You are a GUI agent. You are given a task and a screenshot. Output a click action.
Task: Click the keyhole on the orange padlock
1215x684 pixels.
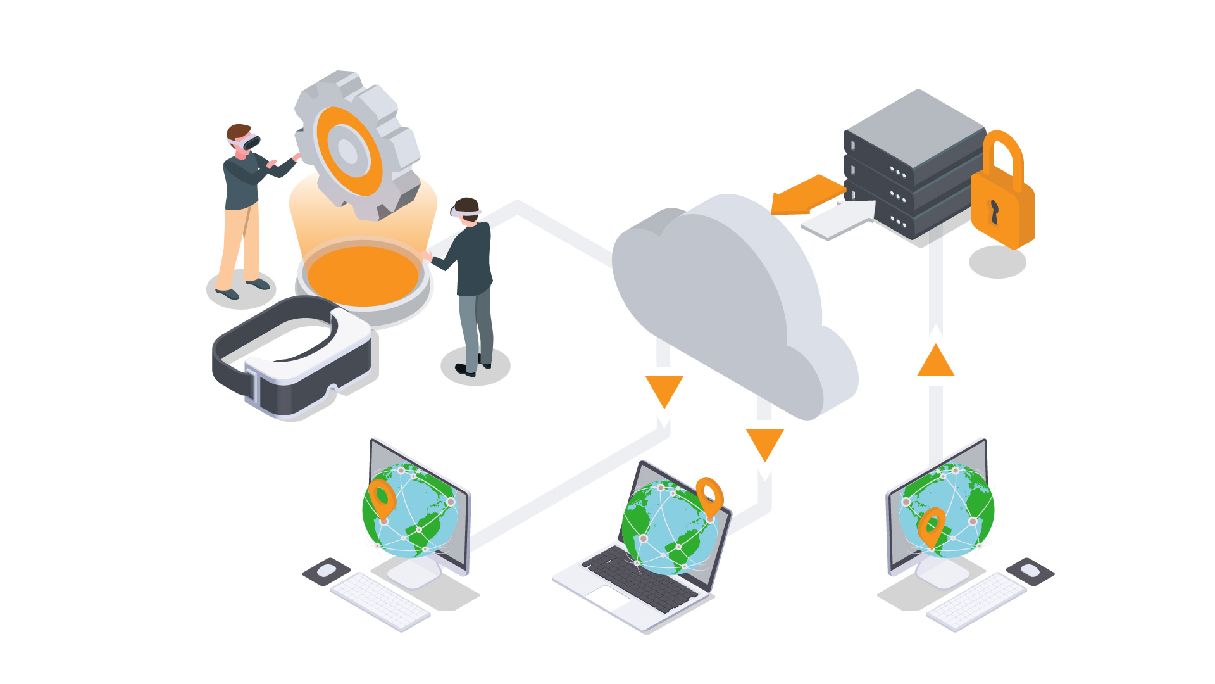pyautogui.click(x=994, y=212)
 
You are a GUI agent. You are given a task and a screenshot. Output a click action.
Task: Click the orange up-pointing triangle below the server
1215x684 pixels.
pyautogui.click(x=935, y=363)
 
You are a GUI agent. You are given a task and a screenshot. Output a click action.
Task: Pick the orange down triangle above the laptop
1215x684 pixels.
pyautogui.click(x=764, y=443)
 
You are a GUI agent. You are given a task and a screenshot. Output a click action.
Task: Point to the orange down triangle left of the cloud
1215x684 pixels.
pyautogui.click(x=664, y=389)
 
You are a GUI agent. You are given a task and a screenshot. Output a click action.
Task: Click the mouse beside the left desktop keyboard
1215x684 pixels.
pyautogui.click(x=327, y=570)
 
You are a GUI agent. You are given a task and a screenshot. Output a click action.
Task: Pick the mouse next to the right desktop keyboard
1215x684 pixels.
pyautogui.click(x=1030, y=570)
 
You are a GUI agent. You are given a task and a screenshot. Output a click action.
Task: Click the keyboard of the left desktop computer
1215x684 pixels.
pyautogui.click(x=380, y=600)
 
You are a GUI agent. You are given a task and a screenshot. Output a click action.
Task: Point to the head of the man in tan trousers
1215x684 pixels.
pyautogui.click(x=240, y=137)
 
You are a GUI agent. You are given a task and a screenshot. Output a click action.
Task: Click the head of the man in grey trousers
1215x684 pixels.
pyautogui.click(x=467, y=210)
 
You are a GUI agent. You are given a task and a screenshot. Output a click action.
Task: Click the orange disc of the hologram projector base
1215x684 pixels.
pyautogui.click(x=363, y=275)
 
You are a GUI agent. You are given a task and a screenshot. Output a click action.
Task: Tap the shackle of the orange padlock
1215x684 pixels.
pyautogui.click(x=1004, y=155)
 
